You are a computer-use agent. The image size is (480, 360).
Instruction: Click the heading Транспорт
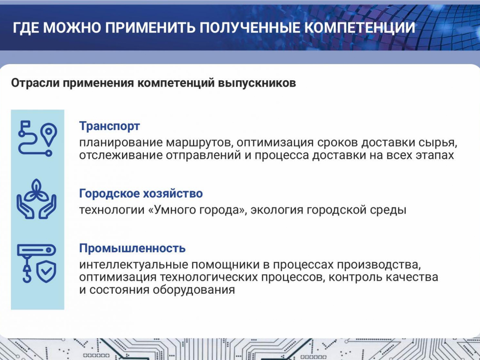point(109,126)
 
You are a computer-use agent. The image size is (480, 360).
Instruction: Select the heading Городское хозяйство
point(141,194)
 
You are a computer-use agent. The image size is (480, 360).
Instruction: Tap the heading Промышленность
point(132,248)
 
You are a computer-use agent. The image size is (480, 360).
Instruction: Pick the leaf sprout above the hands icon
point(36,190)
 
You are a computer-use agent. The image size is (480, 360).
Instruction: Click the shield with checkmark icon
point(46,272)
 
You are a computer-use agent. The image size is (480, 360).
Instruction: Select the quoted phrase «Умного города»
point(196,210)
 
